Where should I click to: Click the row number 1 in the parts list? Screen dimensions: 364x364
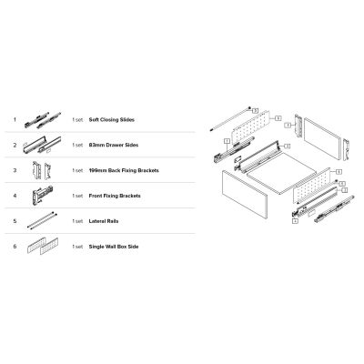coord(15,119)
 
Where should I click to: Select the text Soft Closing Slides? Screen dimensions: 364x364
coord(111,119)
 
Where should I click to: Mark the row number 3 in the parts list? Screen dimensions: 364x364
coord(15,170)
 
